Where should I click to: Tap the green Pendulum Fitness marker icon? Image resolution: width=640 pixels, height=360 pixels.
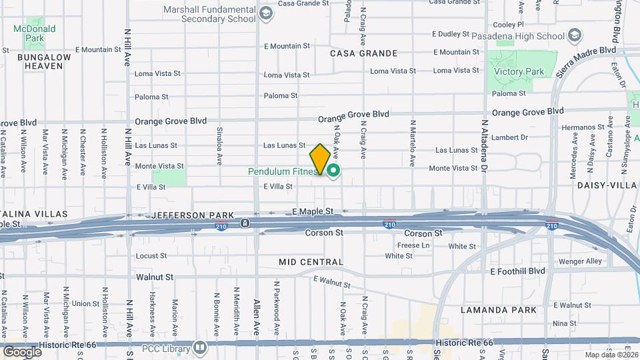333,171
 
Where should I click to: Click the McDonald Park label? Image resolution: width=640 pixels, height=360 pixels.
35,33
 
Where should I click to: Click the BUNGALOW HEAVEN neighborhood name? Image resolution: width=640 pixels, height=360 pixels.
35,61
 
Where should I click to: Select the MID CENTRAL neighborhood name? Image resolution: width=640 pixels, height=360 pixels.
311,262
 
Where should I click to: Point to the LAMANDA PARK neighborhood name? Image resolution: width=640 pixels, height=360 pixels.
498,310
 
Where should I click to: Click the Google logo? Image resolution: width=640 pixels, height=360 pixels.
22,351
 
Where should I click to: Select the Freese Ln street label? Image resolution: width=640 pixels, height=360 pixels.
413,245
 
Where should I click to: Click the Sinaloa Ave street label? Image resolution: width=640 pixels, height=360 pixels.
219,151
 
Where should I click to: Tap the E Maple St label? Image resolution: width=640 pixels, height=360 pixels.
313,211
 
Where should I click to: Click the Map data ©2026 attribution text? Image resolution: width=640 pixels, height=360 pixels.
611,355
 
